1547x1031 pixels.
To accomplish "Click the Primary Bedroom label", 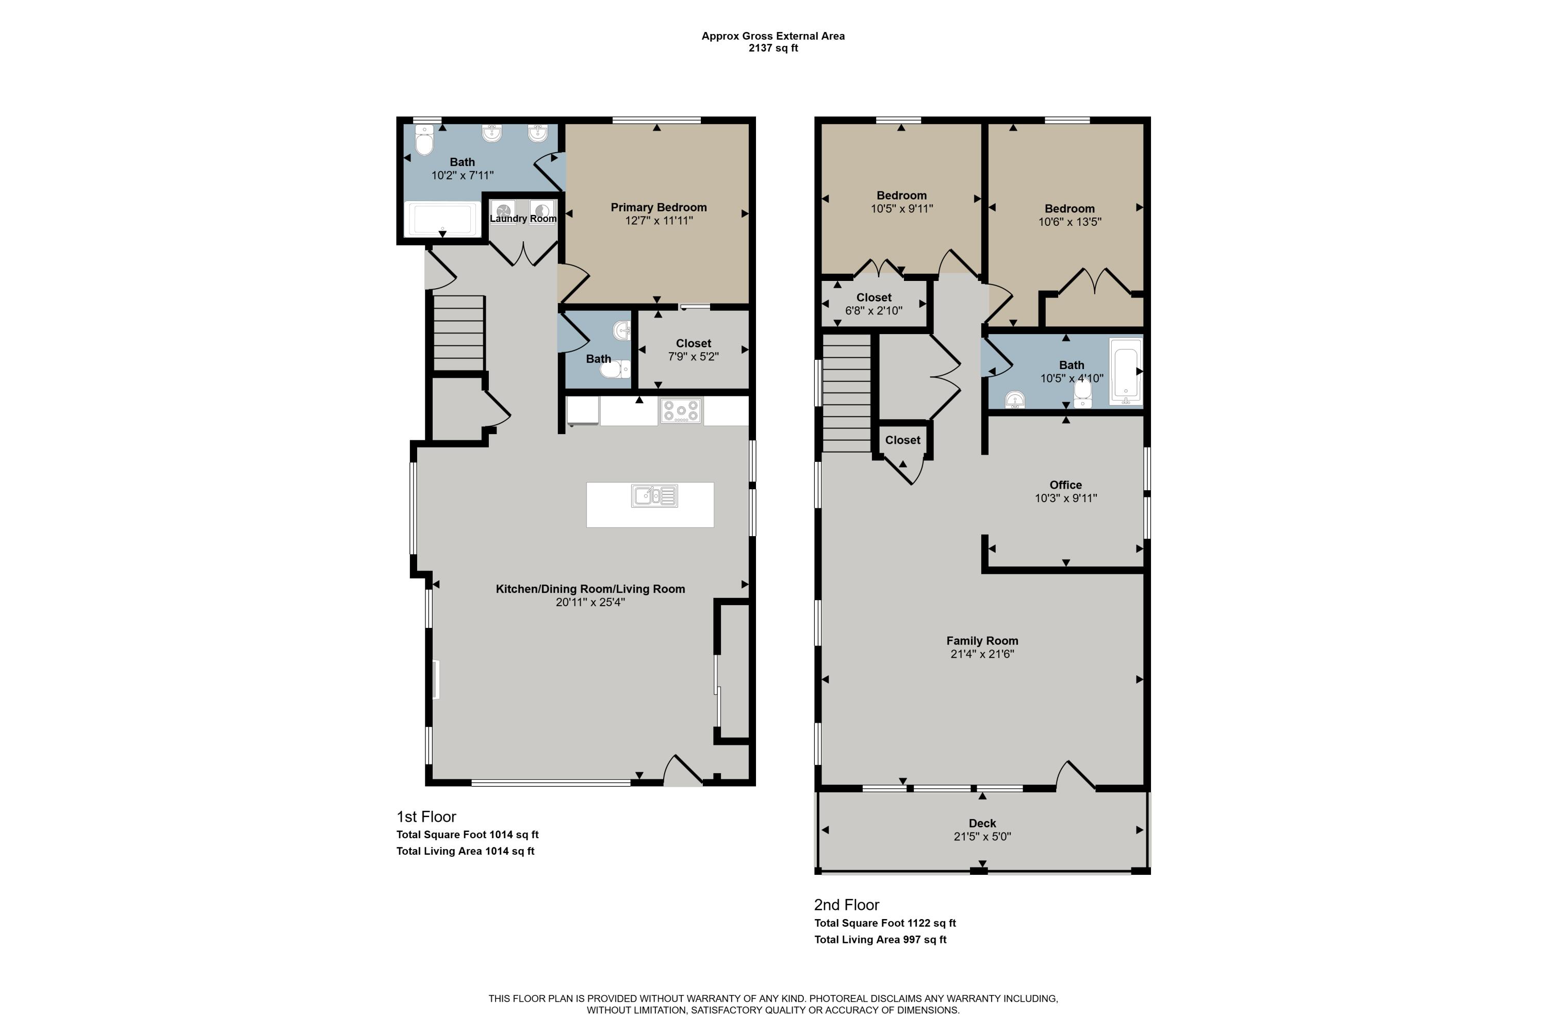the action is tap(659, 207).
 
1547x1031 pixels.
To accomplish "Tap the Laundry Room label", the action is tap(523, 218).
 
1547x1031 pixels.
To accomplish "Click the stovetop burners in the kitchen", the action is tap(681, 411).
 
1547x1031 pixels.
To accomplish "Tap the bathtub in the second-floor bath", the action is tap(1126, 372).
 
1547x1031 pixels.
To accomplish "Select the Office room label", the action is tap(1065, 485).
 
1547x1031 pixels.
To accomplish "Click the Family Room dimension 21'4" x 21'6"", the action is tap(982, 654).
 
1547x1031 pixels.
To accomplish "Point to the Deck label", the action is tap(982, 823).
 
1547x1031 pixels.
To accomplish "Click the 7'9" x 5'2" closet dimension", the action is tap(693, 356).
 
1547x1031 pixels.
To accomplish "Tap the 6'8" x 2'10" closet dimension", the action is tap(874, 310).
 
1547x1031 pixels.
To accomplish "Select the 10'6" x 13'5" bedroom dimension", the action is tap(1069, 222).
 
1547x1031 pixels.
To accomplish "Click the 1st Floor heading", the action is tap(426, 817).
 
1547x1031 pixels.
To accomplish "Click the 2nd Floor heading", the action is tap(847, 905).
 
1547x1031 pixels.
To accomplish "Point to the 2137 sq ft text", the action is tap(773, 48).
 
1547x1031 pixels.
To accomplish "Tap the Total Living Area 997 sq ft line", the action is tap(880, 940).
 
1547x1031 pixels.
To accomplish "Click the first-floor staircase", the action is tap(459, 334).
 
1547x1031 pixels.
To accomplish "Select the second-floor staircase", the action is tap(847, 393).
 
